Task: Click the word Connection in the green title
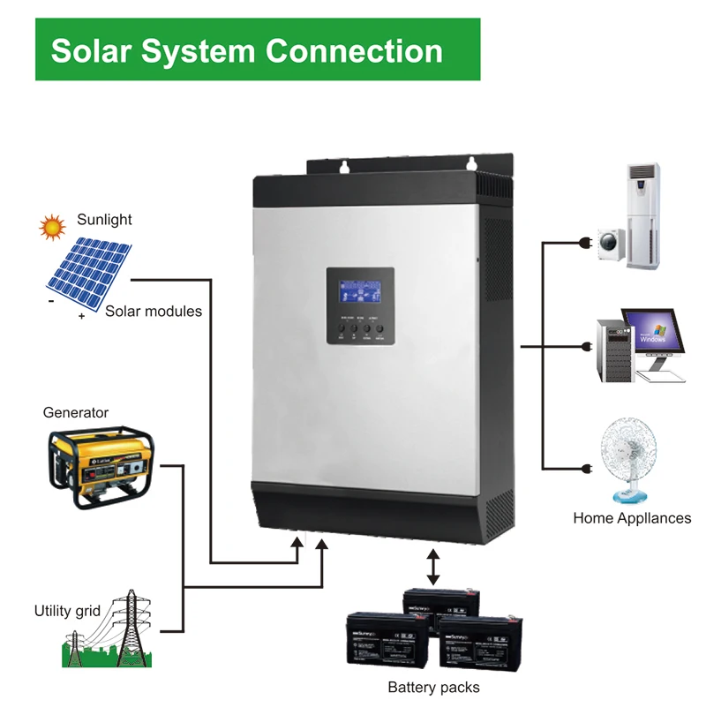354,50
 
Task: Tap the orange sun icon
52,227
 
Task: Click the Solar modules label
154,311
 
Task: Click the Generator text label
76,412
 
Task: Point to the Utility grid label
67,610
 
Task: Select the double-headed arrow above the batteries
432,566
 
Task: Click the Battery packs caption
434,687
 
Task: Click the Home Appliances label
632,518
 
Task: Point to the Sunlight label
103,219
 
